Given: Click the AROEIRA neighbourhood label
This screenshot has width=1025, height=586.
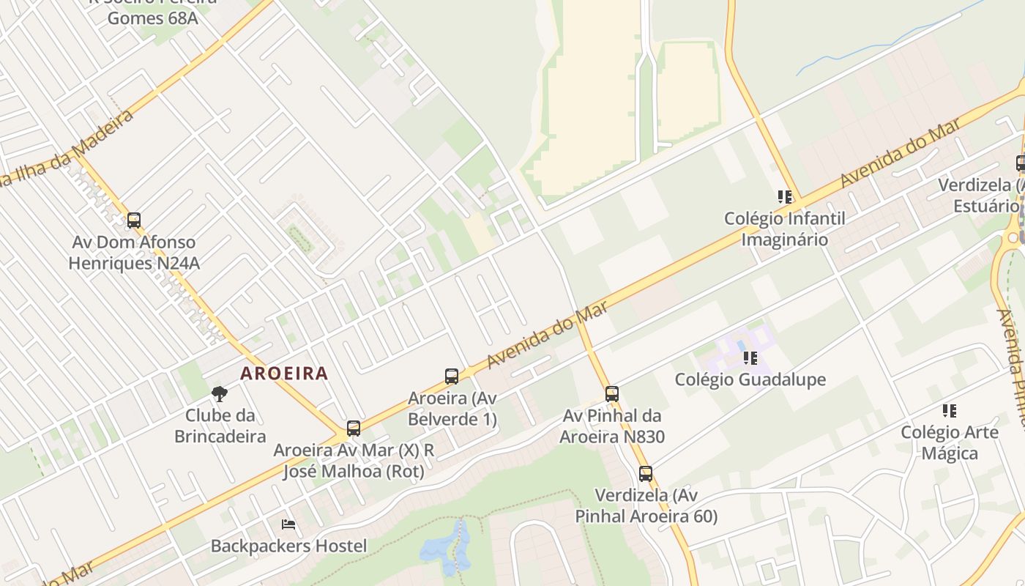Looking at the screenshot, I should click(284, 373).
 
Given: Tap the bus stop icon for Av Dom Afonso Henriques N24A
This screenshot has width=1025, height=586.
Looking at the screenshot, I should click(133, 220).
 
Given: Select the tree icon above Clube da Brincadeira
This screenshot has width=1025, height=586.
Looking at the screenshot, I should click(219, 394).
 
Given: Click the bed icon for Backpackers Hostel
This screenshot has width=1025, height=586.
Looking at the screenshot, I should click(288, 524).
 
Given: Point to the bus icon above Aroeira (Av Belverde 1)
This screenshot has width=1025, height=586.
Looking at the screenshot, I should click(452, 377).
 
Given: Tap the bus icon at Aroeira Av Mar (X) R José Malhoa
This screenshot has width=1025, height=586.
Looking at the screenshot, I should click(354, 429).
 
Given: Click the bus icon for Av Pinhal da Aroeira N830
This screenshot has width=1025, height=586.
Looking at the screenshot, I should click(612, 394).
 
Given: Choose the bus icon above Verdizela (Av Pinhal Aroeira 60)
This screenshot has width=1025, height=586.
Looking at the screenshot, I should click(645, 474).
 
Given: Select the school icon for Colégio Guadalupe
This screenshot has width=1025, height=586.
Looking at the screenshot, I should click(750, 358).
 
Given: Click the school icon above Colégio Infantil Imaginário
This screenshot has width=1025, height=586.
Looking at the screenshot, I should click(785, 197).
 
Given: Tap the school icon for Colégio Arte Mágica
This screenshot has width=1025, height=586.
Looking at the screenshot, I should click(950, 411).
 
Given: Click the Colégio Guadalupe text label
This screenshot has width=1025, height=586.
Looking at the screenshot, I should click(750, 379).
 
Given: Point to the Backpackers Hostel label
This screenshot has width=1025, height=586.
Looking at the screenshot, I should click(288, 546).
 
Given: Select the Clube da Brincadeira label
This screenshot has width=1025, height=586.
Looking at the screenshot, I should click(220, 426).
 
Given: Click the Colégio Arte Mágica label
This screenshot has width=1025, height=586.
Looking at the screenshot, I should click(950, 442).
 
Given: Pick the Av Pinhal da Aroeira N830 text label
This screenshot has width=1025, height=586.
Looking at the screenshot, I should click(612, 426).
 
